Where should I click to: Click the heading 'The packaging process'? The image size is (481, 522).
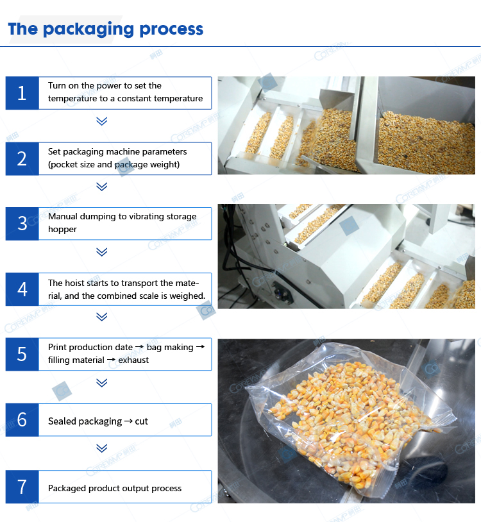coord(106,29)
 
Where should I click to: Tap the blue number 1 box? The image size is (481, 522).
coord(22,93)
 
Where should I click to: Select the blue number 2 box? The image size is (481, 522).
coord(22,158)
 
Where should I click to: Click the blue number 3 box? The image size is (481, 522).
coord(22,223)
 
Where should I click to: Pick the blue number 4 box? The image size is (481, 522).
coord(22,289)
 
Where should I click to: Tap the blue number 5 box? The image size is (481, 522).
coord(22,354)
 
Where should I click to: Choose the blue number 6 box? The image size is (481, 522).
coord(22,420)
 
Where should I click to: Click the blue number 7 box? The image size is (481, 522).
coord(22,487)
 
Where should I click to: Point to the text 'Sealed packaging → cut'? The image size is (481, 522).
coord(98,421)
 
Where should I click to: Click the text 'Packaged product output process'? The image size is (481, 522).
coord(115,488)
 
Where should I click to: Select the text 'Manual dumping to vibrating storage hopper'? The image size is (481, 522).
coord(122,223)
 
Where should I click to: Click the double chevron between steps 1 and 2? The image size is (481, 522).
coord(101,121)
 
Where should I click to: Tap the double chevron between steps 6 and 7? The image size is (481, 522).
coord(101,448)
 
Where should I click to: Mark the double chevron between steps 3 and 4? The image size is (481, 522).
coord(101,252)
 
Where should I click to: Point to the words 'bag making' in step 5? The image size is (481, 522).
coord(169,347)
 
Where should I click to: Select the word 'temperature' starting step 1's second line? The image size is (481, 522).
coord(70,99)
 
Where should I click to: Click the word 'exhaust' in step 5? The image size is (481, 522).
coord(133,360)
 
